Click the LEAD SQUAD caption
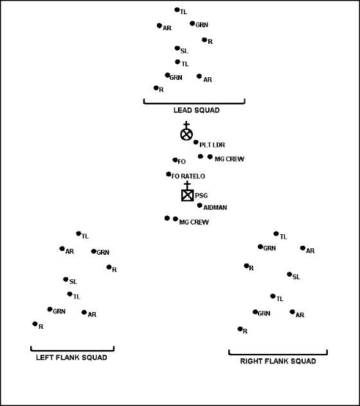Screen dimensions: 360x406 (196, 110)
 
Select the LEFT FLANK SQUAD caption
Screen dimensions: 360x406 (71, 357)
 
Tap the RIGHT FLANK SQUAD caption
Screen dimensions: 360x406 (278, 361)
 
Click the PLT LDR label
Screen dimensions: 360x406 (212, 145)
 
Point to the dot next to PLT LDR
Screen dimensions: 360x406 (196, 142)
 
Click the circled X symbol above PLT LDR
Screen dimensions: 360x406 (186, 134)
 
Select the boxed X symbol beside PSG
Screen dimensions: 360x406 (188, 195)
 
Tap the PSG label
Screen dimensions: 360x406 (201, 196)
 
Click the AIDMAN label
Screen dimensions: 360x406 (215, 207)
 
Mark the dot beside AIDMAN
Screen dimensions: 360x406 (199, 205)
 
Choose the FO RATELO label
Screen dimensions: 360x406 (188, 176)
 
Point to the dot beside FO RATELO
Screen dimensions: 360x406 (168, 174)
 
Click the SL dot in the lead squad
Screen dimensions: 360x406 (177, 48)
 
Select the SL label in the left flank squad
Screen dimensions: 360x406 (73, 281)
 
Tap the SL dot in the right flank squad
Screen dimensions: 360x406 (289, 274)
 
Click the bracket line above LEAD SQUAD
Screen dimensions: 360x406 (194, 104)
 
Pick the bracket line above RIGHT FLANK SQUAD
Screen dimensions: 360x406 (278, 355)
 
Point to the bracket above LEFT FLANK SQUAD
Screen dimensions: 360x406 (73, 351)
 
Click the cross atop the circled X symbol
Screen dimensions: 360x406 (186, 125)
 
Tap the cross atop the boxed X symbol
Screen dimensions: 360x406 (187, 185)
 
